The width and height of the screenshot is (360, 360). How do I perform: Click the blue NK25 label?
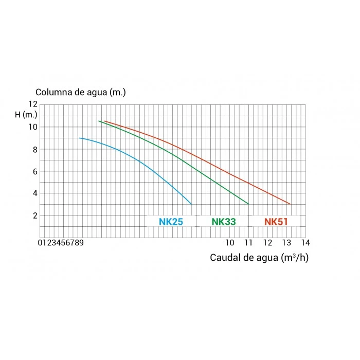pyautogui.click(x=171, y=222)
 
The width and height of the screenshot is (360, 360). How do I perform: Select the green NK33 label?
pyautogui.click(x=224, y=222)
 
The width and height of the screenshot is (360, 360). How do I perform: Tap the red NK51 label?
pyautogui.click(x=276, y=222)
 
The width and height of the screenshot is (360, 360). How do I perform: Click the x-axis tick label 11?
pyautogui.click(x=249, y=242)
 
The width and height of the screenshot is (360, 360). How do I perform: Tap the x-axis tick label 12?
pyautogui.click(x=268, y=242)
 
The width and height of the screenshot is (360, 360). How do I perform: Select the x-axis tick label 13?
pyautogui.click(x=286, y=242)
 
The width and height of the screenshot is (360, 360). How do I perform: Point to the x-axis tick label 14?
pyautogui.click(x=305, y=242)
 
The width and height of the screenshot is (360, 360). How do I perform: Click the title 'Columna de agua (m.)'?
pyautogui.click(x=81, y=93)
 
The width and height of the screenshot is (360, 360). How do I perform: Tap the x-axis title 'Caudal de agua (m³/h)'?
pyautogui.click(x=259, y=257)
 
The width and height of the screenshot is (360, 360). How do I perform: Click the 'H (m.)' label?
pyautogui.click(x=26, y=115)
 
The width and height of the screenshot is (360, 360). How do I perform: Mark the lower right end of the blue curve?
pyautogui.click(x=191, y=204)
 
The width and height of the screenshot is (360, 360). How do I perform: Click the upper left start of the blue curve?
pyautogui.click(x=80, y=138)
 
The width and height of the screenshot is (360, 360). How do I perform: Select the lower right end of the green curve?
pyautogui.click(x=248, y=204)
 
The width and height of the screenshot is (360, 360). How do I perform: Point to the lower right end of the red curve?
pyautogui.click(x=291, y=204)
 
